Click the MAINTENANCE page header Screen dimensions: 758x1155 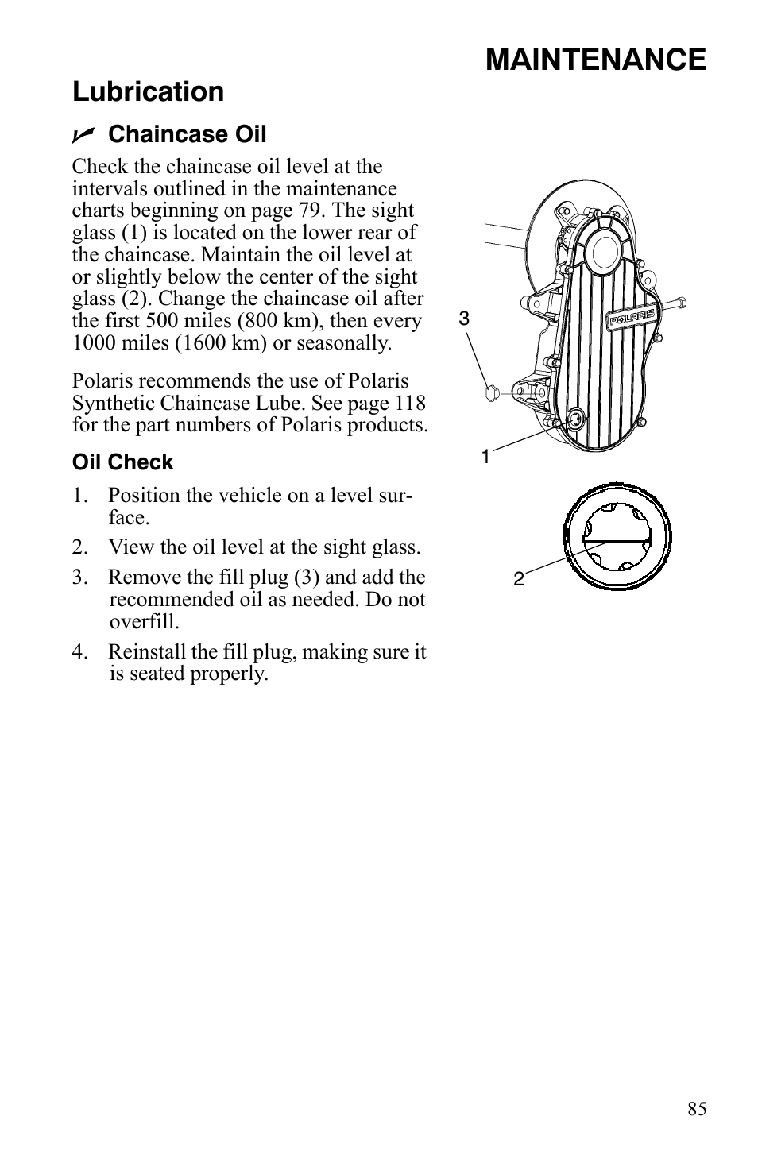click(595, 60)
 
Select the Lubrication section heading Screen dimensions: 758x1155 click(148, 92)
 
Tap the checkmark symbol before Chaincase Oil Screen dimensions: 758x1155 click(83, 135)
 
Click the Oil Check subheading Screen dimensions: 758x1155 click(122, 462)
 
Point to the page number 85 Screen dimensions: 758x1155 click(697, 1110)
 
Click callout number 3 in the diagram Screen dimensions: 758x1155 click(464, 319)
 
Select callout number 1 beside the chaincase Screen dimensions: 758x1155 click(485, 457)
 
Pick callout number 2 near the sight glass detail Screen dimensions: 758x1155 click(518, 579)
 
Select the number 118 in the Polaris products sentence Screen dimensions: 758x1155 click(410, 403)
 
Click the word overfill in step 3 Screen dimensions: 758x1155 click(144, 621)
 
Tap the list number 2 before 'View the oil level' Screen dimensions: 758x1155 click(78, 547)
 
